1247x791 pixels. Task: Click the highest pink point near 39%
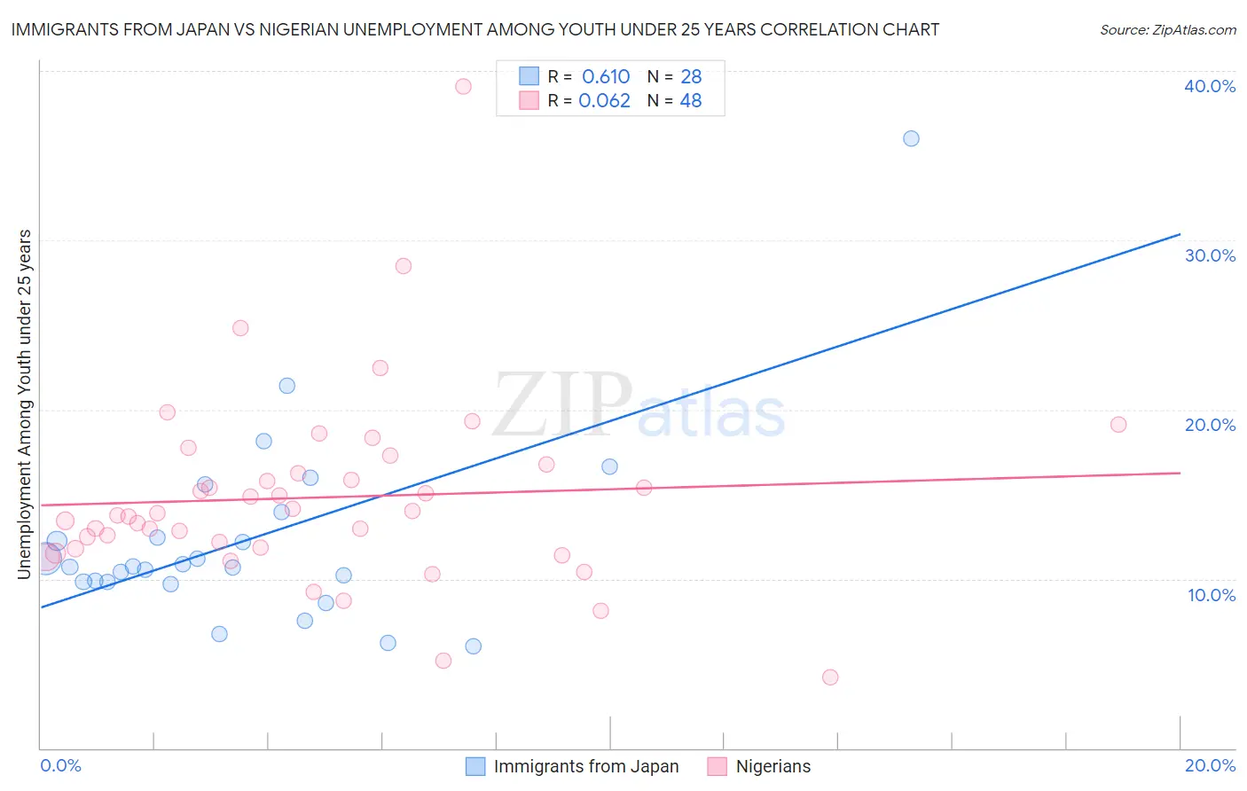463,86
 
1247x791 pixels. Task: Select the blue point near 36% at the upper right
911,138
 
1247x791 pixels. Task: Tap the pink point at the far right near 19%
1118,425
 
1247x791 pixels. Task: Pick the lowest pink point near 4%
830,677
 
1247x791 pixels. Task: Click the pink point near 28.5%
404,266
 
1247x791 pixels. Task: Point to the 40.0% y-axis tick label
1210,86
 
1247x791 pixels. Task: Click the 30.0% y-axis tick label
1210,255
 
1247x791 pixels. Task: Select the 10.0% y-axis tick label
1212,595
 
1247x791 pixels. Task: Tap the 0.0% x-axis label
60,765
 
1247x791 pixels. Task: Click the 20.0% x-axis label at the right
1210,765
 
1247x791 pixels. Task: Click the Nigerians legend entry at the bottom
773,766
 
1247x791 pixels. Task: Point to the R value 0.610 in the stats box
606,76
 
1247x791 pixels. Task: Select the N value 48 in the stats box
691,100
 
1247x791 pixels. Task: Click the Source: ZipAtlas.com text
1167,30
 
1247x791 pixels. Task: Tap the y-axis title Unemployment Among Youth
25,404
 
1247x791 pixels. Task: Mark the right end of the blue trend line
1180,234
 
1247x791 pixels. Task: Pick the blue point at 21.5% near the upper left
286,386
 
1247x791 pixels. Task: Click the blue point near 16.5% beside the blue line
609,466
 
